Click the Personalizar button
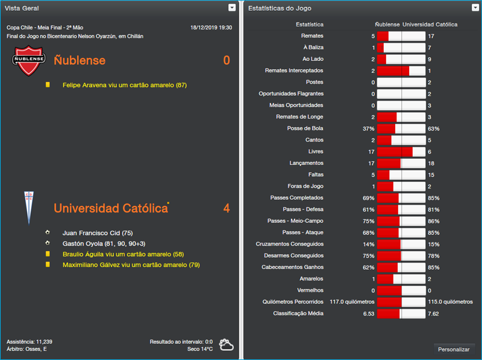point(454,349)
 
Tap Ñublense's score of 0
point(227,60)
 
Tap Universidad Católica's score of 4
point(227,208)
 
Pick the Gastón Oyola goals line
point(104,243)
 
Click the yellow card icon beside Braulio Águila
point(48,254)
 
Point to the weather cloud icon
point(227,344)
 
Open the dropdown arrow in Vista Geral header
point(232,8)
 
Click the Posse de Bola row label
point(305,128)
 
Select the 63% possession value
point(433,128)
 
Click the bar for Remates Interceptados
point(401,71)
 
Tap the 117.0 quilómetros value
point(352,302)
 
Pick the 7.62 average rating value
point(433,314)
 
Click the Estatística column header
point(310,25)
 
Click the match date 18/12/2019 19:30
point(211,28)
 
